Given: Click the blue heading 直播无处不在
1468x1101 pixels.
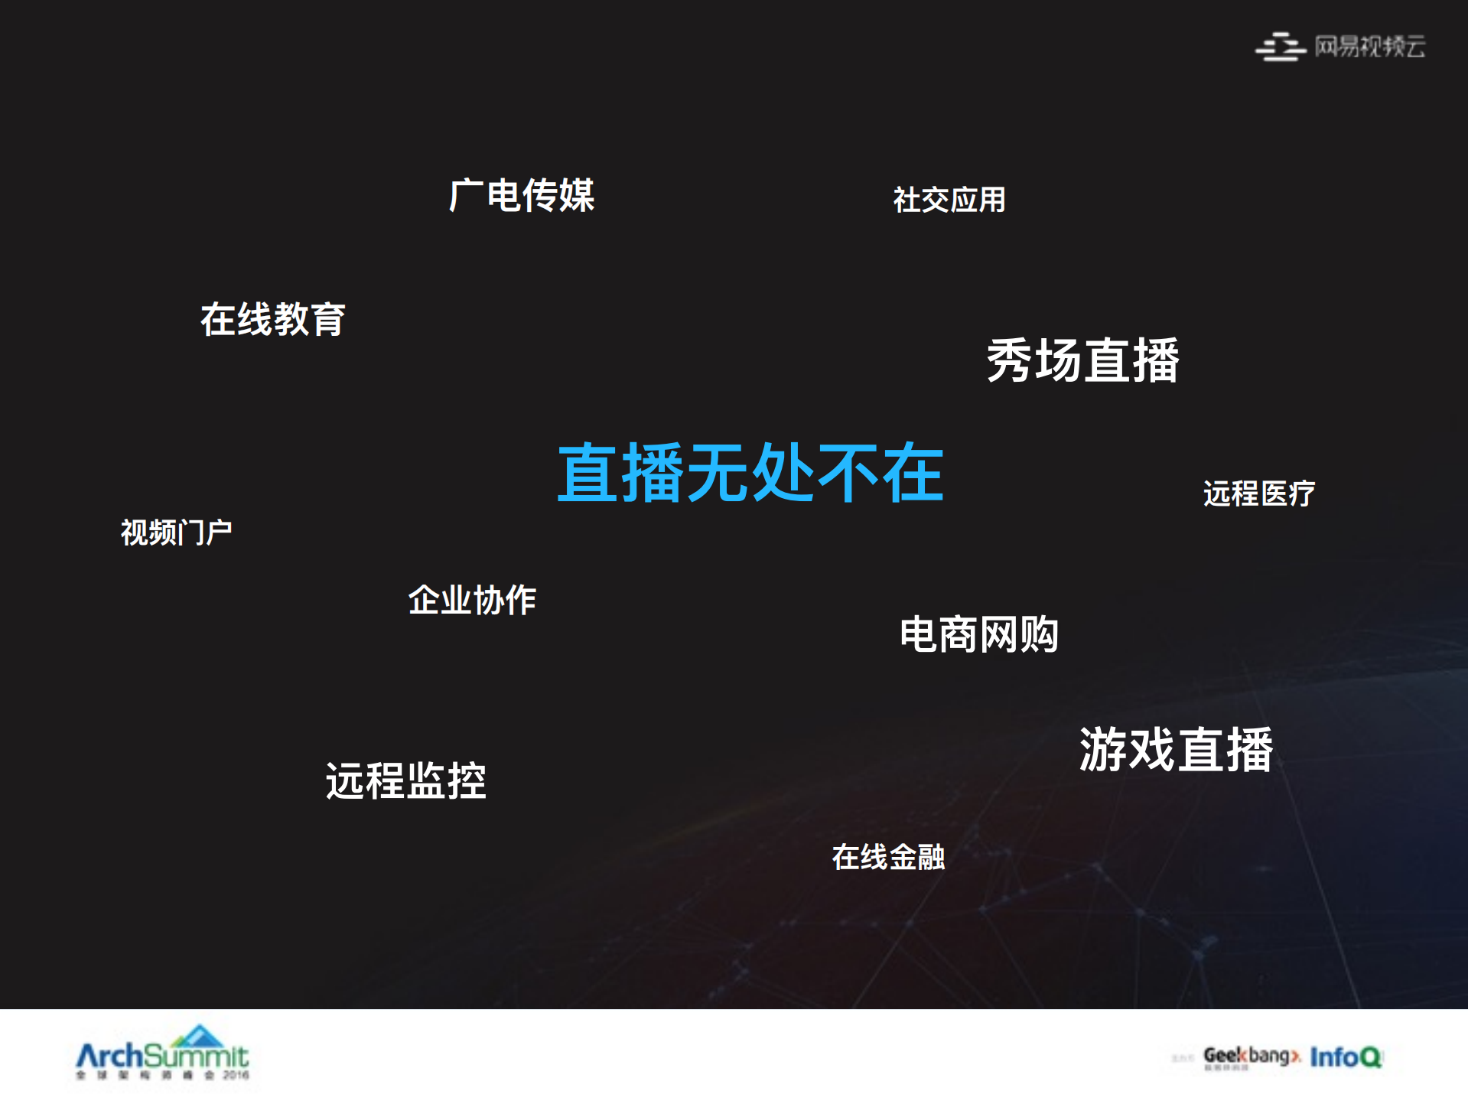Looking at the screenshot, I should click(750, 473).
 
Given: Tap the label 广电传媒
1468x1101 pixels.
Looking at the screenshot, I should click(522, 195).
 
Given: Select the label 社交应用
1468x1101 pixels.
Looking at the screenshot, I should click(949, 200).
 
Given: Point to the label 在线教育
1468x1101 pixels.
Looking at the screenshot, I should click(272, 319).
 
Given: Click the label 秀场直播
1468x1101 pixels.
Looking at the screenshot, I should click(1082, 360).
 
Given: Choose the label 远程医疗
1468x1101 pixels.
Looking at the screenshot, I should click(1258, 493).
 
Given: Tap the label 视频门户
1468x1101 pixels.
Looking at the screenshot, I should click(176, 533).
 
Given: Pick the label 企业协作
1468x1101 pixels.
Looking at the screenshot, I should click(472, 600).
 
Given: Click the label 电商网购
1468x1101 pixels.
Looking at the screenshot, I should click(978, 634).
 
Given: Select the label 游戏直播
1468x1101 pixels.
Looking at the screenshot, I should click(1176, 750).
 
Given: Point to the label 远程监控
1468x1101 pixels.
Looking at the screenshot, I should click(405, 781).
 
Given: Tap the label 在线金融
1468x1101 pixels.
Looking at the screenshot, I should click(888, 857).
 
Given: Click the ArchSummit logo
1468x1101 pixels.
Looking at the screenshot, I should click(162, 1055).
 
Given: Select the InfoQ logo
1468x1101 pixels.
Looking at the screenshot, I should click(1346, 1057).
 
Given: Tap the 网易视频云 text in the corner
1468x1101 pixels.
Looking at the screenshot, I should click(1369, 47).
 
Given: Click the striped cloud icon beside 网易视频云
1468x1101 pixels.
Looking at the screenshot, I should click(1279, 47).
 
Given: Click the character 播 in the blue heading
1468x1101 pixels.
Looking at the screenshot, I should click(653, 473).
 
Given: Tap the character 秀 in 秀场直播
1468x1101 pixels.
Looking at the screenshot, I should click(1011, 360).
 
